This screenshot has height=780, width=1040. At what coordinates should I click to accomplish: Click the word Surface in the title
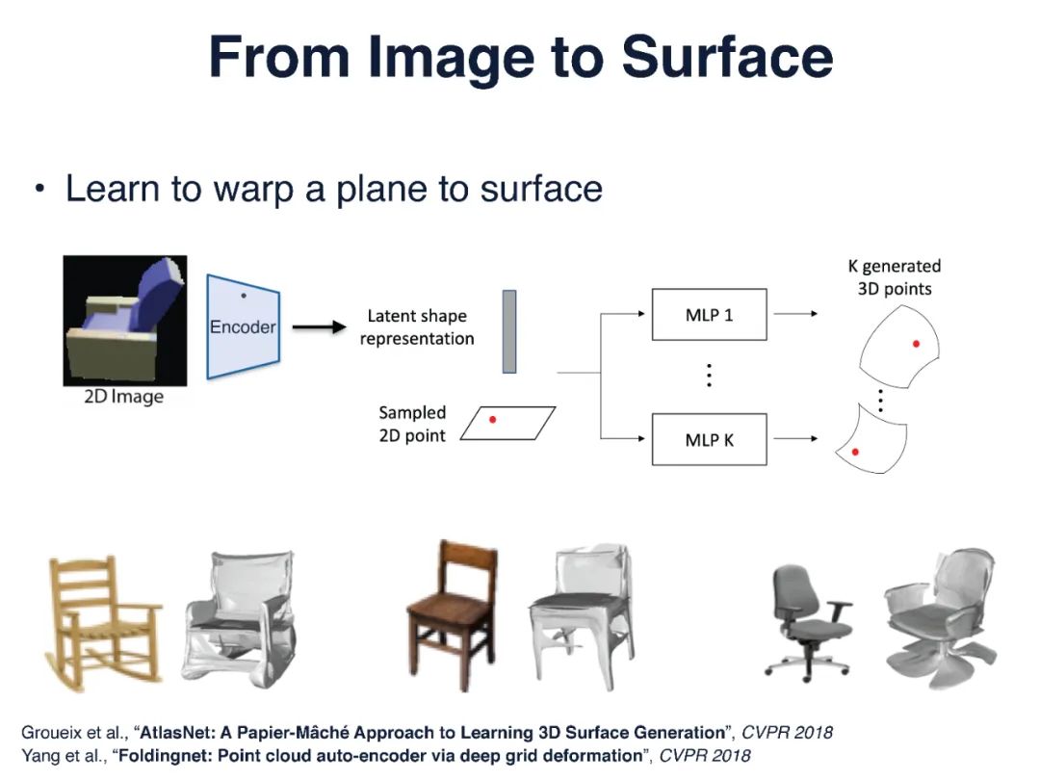[727, 58]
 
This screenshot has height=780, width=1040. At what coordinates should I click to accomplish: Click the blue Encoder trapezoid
[243, 326]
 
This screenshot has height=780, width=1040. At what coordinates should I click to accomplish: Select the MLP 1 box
[709, 314]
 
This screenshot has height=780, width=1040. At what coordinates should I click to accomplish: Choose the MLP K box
[709, 440]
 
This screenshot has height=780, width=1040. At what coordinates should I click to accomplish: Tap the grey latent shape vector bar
[509, 331]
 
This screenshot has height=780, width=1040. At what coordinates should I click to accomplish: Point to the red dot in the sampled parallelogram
[493, 420]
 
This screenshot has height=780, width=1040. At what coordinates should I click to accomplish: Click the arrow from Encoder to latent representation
[318, 327]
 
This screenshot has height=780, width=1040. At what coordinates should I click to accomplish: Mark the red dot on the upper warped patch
[916, 343]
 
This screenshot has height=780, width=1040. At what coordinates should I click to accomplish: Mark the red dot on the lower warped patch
[855, 451]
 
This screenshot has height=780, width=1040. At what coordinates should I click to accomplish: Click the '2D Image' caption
[123, 396]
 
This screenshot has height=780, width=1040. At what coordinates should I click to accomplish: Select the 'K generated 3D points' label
[895, 277]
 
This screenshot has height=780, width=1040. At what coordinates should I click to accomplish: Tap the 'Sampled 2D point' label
[412, 424]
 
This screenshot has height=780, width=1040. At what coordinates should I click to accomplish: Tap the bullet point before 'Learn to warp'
[39, 189]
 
